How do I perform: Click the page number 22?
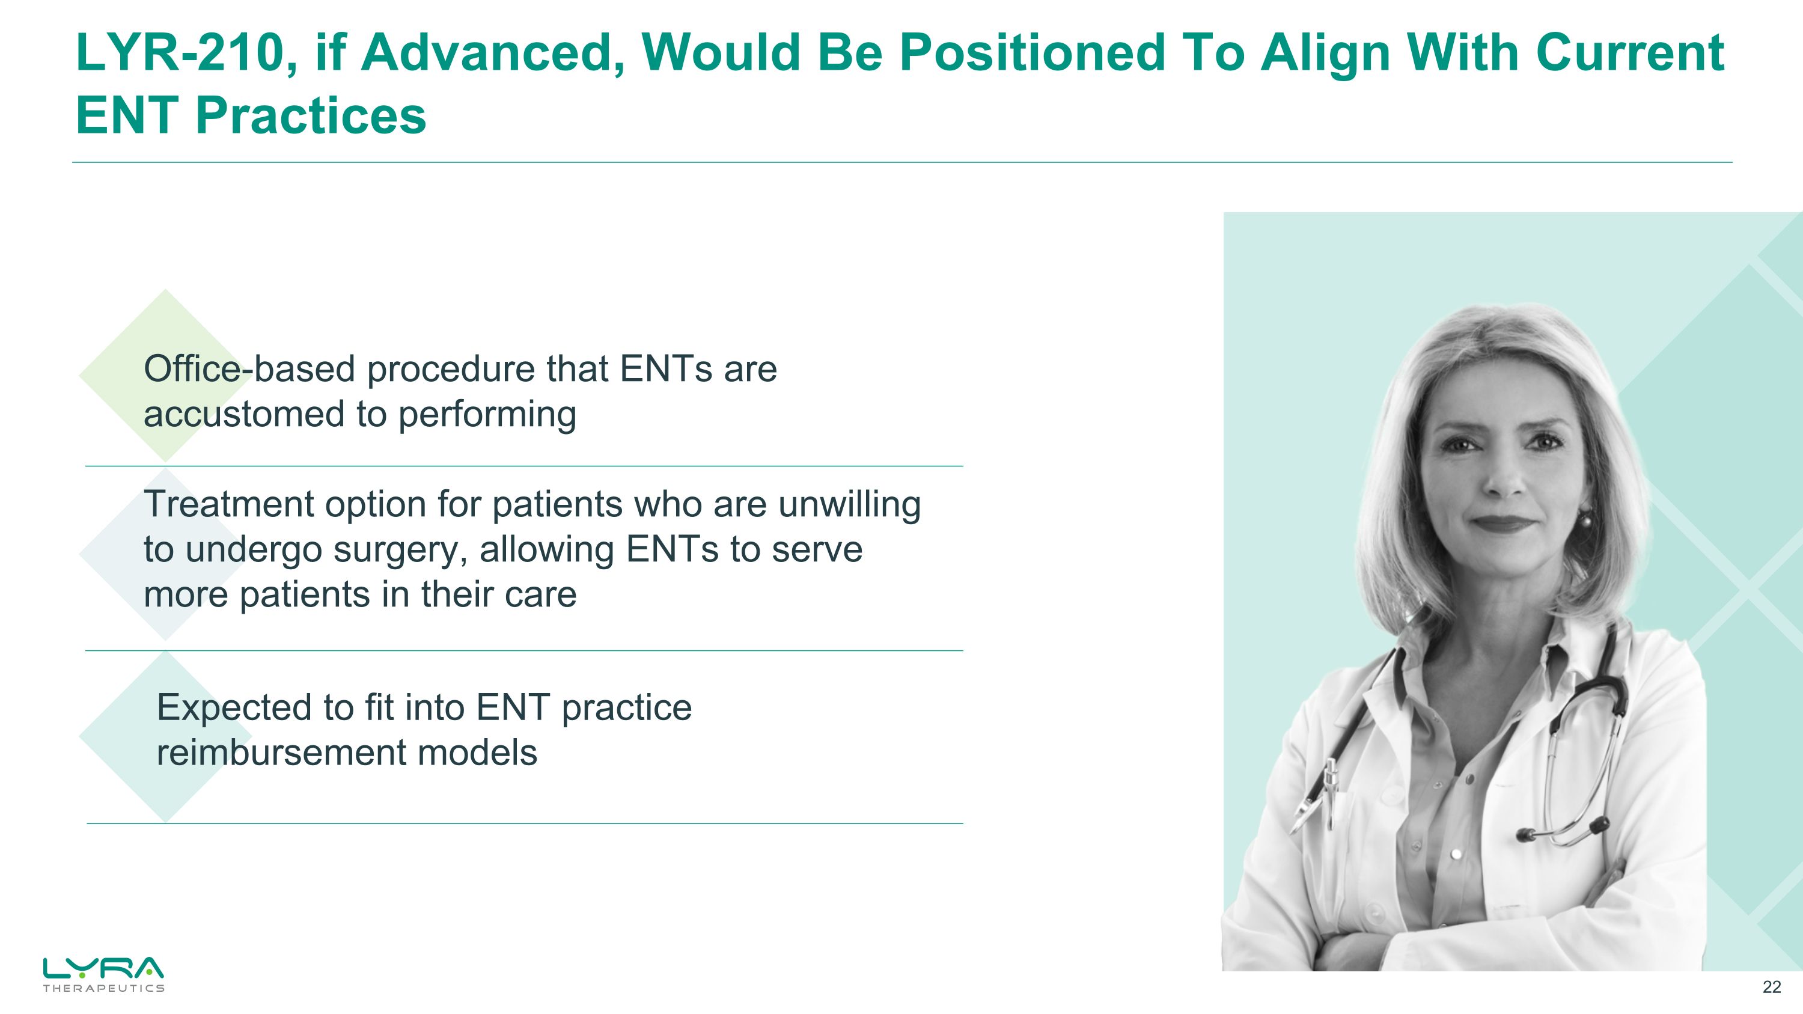click(1771, 988)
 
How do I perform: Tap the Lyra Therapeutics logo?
click(103, 973)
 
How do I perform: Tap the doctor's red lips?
click(1506, 523)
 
